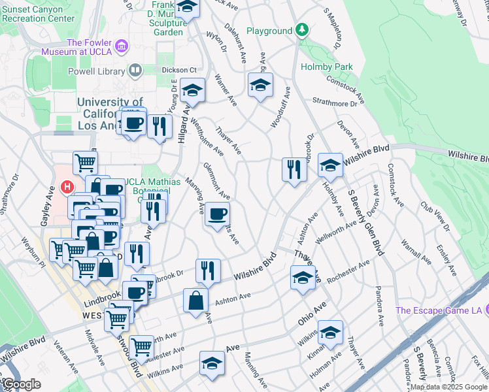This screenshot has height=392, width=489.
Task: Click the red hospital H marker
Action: tap(66, 188)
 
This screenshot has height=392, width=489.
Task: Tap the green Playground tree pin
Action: tap(301, 30)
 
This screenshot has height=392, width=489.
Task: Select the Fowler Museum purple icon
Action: tap(122, 46)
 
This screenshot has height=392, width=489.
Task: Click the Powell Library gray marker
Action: tap(135, 69)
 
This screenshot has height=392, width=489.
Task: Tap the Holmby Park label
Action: tap(326, 67)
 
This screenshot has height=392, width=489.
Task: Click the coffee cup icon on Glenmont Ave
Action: tap(217, 213)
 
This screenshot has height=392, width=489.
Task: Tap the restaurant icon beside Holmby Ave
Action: tap(294, 169)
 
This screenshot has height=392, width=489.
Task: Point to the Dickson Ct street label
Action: tap(180, 70)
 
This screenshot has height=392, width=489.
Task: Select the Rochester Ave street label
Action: tap(348, 271)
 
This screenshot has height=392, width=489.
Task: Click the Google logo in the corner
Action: tap(22, 384)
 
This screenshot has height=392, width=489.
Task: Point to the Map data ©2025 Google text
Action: tap(448, 387)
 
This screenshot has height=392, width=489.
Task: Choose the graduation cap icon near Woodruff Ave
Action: tap(260, 85)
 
